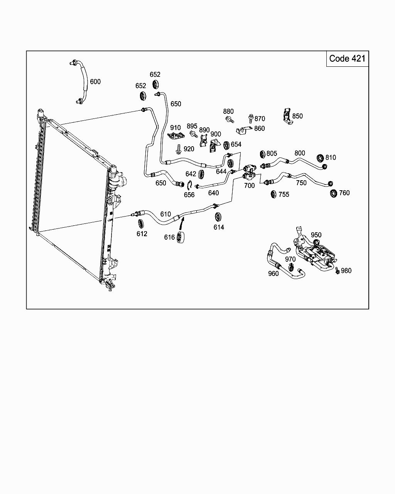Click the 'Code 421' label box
point(347,59)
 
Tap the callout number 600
point(95,81)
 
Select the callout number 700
point(249,186)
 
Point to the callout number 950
point(316,235)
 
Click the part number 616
point(169,237)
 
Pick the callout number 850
point(297,116)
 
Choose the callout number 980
point(346,271)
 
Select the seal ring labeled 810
point(320,158)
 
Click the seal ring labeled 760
point(333,193)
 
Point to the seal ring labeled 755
point(273,194)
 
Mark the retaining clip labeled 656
point(189,185)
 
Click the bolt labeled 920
point(179,149)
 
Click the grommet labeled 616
point(181,238)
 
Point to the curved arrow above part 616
point(182,224)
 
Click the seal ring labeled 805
point(263,155)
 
